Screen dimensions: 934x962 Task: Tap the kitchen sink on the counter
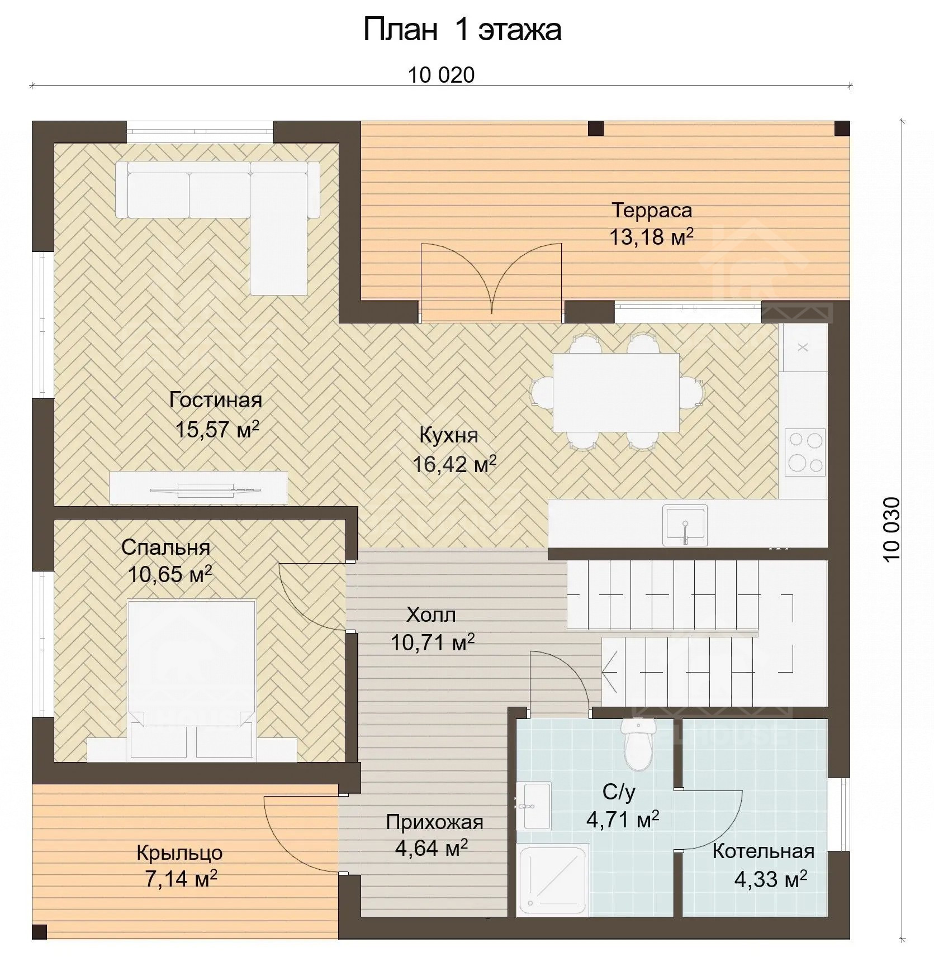click(685, 525)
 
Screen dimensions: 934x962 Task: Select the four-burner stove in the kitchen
click(805, 453)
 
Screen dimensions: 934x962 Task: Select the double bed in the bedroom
click(192, 679)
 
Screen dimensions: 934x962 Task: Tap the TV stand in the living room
click(198, 488)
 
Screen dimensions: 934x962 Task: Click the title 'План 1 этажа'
click(462, 29)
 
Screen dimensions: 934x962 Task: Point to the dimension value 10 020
click(441, 75)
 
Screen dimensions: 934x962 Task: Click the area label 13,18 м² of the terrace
click(651, 237)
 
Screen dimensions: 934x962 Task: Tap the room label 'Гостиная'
click(216, 400)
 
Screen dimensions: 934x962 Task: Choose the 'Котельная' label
click(763, 851)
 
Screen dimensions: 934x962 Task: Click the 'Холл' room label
click(431, 615)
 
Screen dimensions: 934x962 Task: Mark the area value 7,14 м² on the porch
click(181, 879)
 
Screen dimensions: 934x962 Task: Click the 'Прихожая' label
click(434, 822)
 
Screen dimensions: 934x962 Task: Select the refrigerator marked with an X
click(803, 347)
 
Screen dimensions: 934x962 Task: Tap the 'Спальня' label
click(165, 547)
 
